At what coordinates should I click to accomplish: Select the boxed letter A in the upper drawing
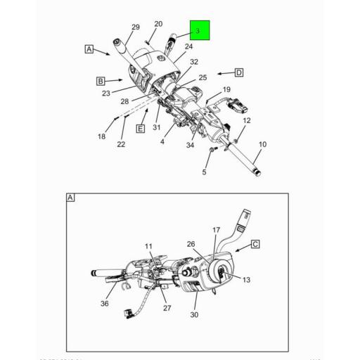click(x=89, y=49)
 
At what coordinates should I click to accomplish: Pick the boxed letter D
click(x=239, y=72)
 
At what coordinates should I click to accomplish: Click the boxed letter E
click(x=141, y=129)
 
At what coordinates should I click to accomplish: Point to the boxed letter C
click(x=255, y=244)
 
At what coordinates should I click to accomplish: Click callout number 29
click(x=136, y=27)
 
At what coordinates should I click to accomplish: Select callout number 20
click(x=157, y=24)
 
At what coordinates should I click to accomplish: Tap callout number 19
click(x=226, y=89)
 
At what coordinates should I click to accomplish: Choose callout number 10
click(x=262, y=145)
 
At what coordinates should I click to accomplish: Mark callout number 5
click(x=205, y=172)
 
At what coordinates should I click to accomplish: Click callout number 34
click(x=190, y=146)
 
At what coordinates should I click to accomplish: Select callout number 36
click(x=104, y=304)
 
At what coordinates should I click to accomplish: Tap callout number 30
click(x=194, y=314)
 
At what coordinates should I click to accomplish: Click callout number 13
click(x=246, y=280)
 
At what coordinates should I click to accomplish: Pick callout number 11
click(x=148, y=245)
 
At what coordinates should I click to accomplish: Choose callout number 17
click(x=217, y=231)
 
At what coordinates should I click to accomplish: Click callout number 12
click(x=246, y=121)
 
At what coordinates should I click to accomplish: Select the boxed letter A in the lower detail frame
click(x=70, y=198)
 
